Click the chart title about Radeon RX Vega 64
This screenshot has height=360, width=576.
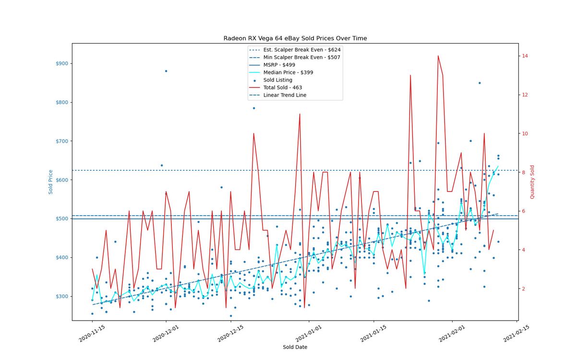[x=295, y=38]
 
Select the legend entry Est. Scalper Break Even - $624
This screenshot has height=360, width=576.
[x=295, y=49]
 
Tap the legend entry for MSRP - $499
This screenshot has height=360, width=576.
[x=272, y=65]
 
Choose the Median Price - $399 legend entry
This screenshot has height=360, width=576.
[x=281, y=72]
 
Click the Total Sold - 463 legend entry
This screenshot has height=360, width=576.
[x=276, y=87]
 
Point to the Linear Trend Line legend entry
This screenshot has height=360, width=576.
[x=278, y=95]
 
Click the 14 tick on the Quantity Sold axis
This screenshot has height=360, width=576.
[x=525, y=56]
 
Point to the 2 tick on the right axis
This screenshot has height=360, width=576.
[x=523, y=288]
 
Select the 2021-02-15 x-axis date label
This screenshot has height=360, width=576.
[x=516, y=334]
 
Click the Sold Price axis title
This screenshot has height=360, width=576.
[x=50, y=182]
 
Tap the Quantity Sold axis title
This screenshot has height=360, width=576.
[x=532, y=182]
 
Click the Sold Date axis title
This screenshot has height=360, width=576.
[x=295, y=347]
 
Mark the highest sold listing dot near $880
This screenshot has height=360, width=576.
[x=166, y=71]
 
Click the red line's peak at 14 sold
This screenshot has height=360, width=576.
[x=438, y=56]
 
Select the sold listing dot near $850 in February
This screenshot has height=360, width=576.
[x=480, y=83]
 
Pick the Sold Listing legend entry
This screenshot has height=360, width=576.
[x=273, y=80]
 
